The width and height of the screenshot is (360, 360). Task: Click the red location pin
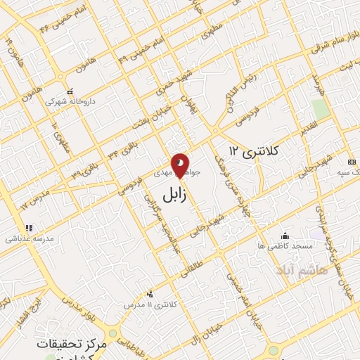(x=181, y=165)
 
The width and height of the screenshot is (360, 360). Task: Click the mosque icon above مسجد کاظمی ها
(x=284, y=236)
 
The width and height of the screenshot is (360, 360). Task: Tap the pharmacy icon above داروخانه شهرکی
(x=69, y=91)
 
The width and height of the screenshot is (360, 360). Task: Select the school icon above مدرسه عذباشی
(x=29, y=228)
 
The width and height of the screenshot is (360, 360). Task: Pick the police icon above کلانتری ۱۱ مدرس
(x=149, y=294)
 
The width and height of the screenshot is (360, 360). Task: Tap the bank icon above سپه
(x=352, y=162)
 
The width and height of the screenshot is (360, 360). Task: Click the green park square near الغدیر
(x=320, y=109)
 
